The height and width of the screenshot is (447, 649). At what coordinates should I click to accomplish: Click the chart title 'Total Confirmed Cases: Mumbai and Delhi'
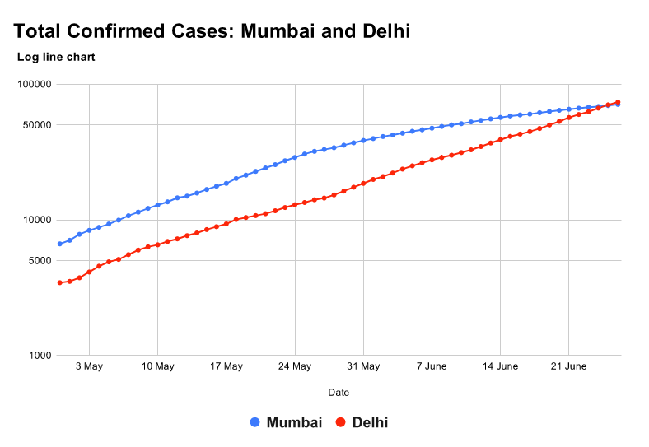point(212,31)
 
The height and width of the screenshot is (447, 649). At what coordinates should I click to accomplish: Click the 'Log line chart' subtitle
point(56,58)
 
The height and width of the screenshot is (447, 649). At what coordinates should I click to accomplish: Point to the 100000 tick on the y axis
point(34,84)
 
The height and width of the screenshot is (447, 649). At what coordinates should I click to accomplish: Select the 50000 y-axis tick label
point(36,125)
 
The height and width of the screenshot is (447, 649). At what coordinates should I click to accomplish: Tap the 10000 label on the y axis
point(36,220)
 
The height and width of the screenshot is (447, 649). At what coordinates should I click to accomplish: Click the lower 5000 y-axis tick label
point(39,261)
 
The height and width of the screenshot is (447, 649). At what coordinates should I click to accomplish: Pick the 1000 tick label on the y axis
point(39,356)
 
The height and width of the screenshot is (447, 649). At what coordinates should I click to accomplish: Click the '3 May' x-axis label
point(89,366)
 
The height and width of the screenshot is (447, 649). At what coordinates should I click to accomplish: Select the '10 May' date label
point(157,366)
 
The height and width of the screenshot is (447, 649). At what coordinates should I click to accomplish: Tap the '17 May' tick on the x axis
point(226,366)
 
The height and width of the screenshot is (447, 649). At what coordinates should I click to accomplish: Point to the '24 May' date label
point(294,366)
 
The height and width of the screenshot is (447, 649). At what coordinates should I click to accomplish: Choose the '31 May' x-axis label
point(363,366)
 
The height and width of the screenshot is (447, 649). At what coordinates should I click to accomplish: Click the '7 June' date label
point(432,366)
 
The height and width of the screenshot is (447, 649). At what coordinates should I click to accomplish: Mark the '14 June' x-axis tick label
point(500,366)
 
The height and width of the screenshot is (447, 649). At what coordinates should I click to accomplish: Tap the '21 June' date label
point(568,366)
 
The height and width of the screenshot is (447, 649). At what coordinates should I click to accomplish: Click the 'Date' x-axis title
point(339,393)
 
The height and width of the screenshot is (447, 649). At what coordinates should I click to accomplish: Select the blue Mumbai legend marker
point(254,422)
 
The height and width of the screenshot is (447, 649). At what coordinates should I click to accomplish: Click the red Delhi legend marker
point(340,422)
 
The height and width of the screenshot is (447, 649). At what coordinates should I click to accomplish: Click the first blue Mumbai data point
point(59,244)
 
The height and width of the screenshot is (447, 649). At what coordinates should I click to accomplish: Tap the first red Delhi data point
point(59,282)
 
